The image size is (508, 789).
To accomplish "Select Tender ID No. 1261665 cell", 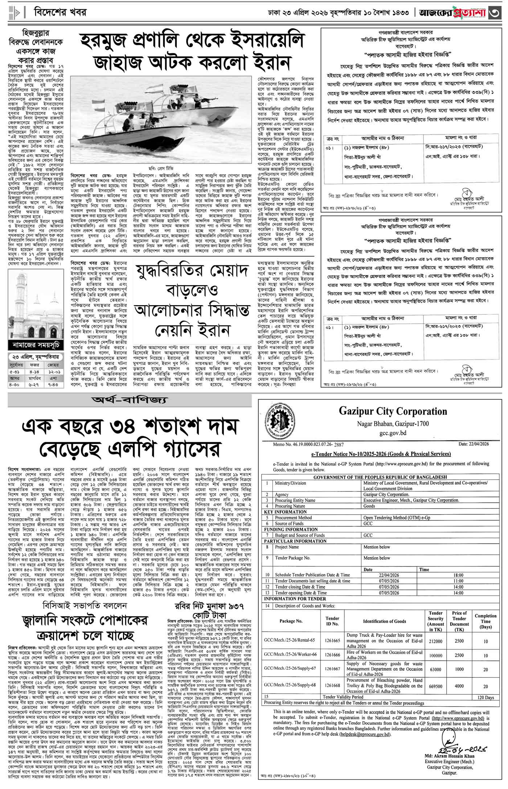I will tap(332, 641).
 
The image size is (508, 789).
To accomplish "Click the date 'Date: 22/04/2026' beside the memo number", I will tap(474, 444).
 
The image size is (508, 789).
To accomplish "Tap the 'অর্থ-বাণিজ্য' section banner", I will tap(130, 400).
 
